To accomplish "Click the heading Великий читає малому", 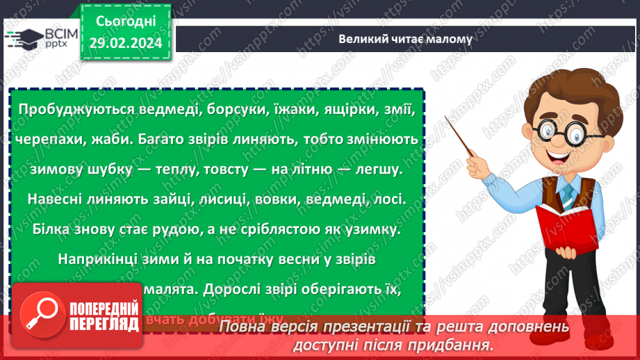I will pyautogui.click(x=405, y=39).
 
